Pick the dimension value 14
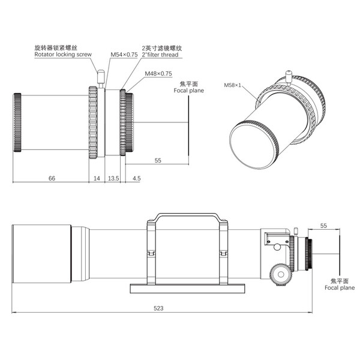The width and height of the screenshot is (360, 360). click(x=97, y=178)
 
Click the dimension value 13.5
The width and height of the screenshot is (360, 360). click(x=112, y=178)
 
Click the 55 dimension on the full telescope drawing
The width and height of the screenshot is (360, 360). click(x=324, y=226)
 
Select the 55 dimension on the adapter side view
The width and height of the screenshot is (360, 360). click(x=158, y=160)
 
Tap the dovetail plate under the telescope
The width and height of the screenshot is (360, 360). click(x=187, y=288)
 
